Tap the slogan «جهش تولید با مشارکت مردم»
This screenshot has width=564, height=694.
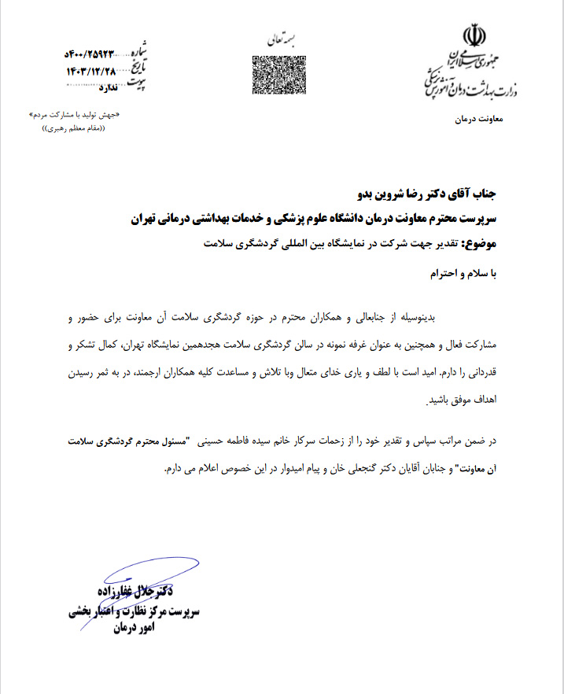[x=76, y=114]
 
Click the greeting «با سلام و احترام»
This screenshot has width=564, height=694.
[x=471, y=274]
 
